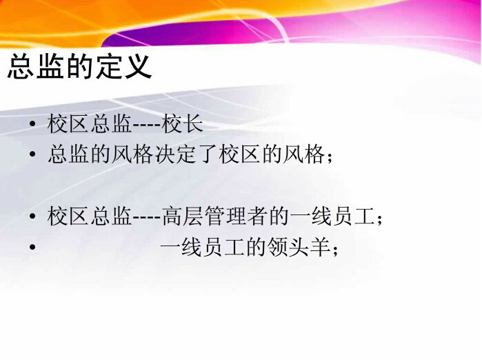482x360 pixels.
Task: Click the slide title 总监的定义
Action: coord(79,66)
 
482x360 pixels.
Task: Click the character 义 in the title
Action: coord(138,66)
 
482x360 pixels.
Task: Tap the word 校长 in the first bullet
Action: coord(183,124)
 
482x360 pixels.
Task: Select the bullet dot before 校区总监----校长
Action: coord(32,124)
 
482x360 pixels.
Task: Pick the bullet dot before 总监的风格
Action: coord(32,154)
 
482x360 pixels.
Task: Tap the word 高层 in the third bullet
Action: coord(183,216)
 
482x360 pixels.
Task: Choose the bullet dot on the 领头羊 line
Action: coord(32,247)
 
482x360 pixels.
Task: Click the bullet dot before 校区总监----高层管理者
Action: coord(32,216)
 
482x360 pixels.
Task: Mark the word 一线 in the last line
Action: coord(181,247)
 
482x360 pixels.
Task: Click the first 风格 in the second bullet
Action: coord(133,154)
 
